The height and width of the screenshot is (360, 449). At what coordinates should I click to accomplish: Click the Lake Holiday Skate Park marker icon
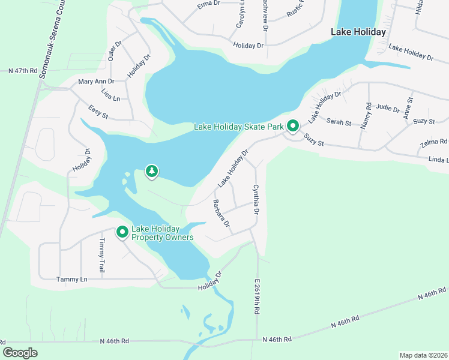coord(293,127)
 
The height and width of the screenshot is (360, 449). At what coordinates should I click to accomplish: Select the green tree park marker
coord(152,172)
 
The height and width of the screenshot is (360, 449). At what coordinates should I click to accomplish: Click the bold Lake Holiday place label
coord(358,32)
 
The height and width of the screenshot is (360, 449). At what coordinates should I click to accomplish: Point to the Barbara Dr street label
coord(220,214)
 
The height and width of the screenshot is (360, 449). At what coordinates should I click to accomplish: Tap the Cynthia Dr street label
coord(256,200)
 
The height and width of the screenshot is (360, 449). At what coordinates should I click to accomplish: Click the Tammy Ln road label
coord(71,280)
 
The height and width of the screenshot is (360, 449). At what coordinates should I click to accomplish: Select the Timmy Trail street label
coord(101,257)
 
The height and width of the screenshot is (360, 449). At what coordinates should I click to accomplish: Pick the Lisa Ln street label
coord(110,97)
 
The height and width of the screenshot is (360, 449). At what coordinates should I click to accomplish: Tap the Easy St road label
coord(97,110)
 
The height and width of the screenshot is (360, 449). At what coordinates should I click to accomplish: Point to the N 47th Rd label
coord(23,71)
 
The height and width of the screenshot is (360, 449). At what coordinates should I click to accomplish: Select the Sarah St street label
coord(339,122)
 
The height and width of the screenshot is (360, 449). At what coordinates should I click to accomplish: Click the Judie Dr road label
coord(388,109)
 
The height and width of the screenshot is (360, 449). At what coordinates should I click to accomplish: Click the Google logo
coord(20,353)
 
